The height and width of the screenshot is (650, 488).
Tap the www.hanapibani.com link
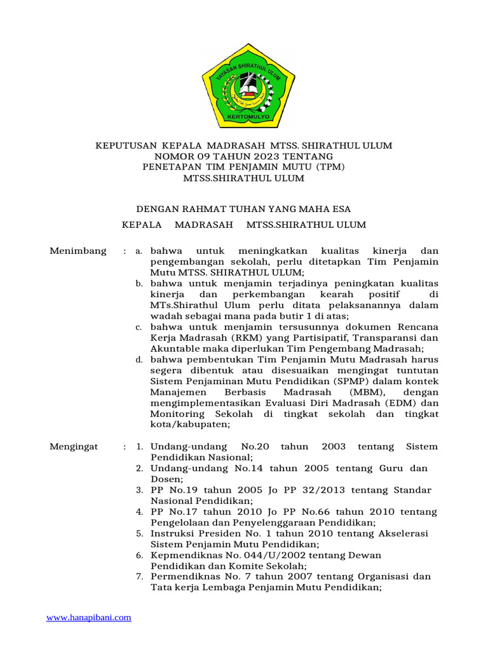[x=89, y=617]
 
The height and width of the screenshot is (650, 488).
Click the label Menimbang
[x=78, y=251]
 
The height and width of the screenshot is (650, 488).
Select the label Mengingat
[x=74, y=447]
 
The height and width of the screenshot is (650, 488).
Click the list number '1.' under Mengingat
[x=139, y=447]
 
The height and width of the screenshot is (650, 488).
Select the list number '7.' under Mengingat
[x=139, y=577]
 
